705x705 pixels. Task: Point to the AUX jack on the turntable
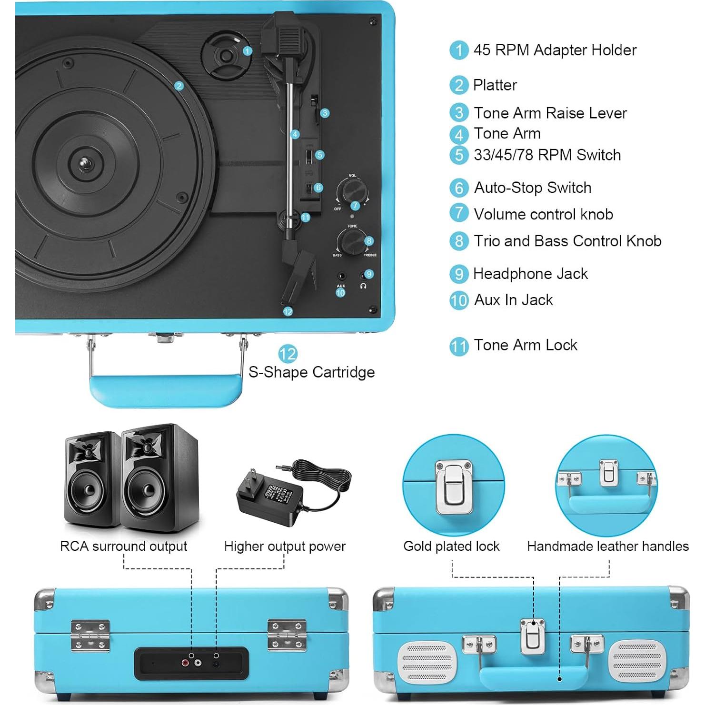[341, 276]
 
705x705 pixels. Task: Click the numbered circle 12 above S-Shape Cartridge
[288, 354]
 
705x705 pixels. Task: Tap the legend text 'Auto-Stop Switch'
[532, 188]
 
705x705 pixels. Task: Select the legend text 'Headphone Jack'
[530, 274]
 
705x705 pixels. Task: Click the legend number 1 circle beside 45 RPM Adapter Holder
[459, 50]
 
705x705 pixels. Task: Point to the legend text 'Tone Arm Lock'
[525, 345]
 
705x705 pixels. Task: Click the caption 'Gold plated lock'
[451, 546]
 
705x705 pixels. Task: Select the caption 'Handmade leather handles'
[607, 546]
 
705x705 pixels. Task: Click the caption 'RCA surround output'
[123, 546]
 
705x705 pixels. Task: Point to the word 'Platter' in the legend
[495, 85]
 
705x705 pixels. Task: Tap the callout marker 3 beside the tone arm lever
[325, 113]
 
